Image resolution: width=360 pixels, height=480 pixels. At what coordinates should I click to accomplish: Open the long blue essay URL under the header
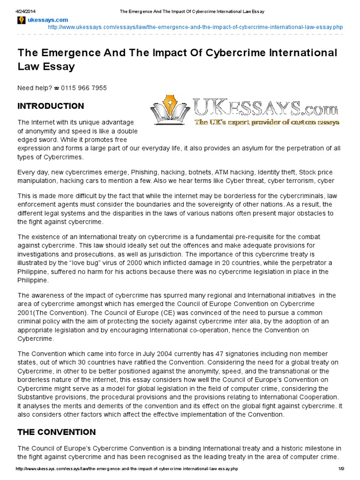click(195, 28)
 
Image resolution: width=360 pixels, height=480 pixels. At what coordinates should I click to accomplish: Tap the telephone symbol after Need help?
click(56, 88)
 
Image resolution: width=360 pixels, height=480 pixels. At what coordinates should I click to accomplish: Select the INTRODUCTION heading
click(51, 105)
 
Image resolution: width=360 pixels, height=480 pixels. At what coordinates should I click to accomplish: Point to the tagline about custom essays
click(266, 122)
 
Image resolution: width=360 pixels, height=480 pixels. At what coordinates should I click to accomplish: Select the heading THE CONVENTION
click(56, 432)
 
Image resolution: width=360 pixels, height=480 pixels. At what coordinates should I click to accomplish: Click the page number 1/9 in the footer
click(341, 469)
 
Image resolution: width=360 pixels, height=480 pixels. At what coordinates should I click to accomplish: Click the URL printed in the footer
click(127, 469)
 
